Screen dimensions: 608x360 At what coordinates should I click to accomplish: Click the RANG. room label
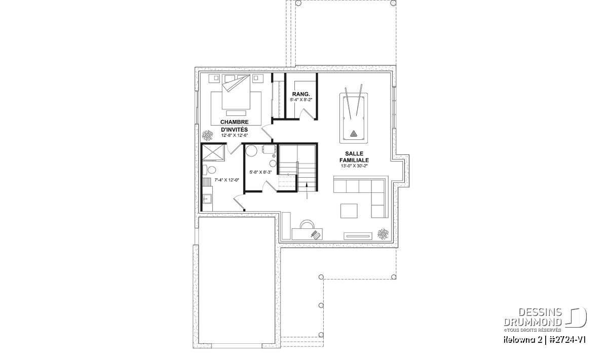(301, 94)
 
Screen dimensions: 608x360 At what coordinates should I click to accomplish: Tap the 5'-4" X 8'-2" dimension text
(301, 100)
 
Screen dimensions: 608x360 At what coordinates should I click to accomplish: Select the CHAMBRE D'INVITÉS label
(234, 126)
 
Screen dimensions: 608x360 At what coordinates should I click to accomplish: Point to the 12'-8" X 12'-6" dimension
(235, 135)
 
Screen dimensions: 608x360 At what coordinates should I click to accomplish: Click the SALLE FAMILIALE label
(354, 157)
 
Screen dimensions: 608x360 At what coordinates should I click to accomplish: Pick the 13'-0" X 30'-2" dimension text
(354, 166)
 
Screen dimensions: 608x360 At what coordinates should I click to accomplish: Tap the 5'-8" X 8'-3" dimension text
(260, 172)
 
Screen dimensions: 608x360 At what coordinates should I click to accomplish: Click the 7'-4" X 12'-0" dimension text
(227, 180)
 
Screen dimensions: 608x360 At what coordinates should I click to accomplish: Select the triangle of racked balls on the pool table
(354, 134)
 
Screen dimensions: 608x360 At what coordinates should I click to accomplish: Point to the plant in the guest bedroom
(208, 135)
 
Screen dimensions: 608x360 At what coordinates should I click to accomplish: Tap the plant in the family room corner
(383, 234)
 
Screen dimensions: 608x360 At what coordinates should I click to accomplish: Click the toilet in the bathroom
(209, 170)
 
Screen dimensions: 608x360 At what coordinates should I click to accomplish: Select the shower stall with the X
(213, 153)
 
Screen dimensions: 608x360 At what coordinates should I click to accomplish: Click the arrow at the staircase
(307, 190)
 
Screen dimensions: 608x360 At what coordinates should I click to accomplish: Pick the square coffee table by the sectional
(349, 211)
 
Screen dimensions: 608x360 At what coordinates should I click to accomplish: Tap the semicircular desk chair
(307, 224)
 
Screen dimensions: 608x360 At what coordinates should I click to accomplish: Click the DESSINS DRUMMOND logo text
(533, 317)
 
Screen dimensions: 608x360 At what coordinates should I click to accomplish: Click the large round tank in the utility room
(251, 150)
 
